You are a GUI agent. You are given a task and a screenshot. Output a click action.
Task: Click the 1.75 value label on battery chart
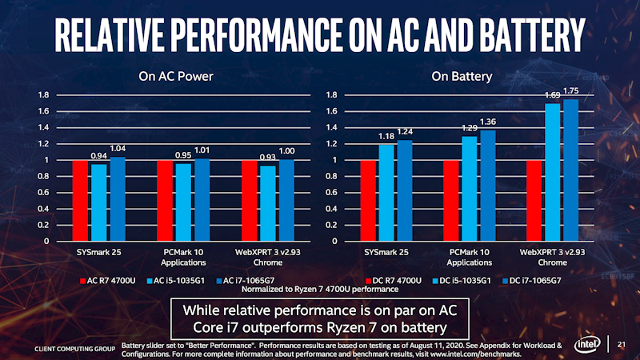tap(571, 91)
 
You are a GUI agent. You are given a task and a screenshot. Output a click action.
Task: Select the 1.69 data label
tap(552, 96)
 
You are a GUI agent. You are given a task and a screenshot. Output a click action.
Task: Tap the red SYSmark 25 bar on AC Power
tap(80, 201)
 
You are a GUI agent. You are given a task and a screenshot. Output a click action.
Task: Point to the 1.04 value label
tap(118, 149)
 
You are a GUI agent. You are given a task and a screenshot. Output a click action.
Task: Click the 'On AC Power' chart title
tap(165, 78)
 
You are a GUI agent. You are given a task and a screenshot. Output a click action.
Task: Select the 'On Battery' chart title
tap(462, 78)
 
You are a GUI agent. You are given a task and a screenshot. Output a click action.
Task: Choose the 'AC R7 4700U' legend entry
tap(113, 281)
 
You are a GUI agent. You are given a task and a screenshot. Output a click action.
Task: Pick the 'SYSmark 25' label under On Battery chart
tap(386, 252)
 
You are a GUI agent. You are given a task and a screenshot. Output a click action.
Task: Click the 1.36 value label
tap(487, 122)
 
